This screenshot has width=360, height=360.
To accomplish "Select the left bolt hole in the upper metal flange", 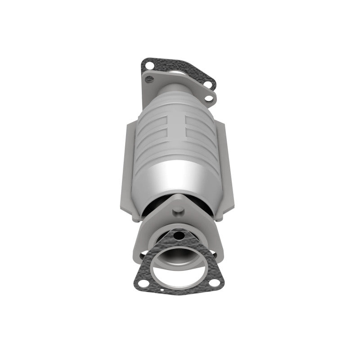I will (x=150, y=80).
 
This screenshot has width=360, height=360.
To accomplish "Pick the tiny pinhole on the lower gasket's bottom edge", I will (x=179, y=294).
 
